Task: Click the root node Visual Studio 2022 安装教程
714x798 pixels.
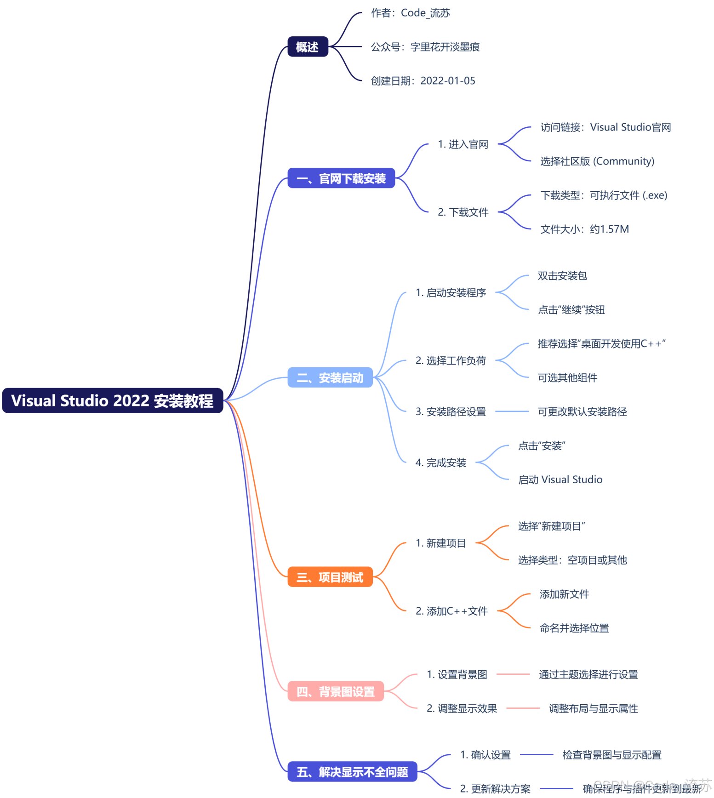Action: (112, 400)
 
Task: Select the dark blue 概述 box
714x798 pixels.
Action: (308, 47)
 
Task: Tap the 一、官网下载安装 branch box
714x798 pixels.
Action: (341, 178)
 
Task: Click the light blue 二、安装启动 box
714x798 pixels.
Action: (330, 378)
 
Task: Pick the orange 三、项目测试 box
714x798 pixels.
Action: (330, 577)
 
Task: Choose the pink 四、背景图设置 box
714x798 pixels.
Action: (336, 691)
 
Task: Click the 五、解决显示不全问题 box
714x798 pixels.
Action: (352, 772)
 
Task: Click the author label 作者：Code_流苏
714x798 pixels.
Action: (410, 13)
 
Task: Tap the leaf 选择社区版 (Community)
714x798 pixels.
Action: (597, 161)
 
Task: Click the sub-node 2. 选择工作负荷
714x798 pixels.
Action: (451, 361)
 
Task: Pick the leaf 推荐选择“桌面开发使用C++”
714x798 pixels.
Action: (601, 344)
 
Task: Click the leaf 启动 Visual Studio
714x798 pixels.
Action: (560, 480)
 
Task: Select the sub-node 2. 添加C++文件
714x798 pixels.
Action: (451, 611)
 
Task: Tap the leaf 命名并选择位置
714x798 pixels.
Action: (574, 628)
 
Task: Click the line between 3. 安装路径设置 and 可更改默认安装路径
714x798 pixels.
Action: (512, 411)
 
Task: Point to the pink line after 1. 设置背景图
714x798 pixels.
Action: (513, 674)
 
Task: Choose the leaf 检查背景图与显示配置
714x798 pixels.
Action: (611, 755)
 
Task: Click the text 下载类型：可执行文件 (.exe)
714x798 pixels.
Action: (604, 195)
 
